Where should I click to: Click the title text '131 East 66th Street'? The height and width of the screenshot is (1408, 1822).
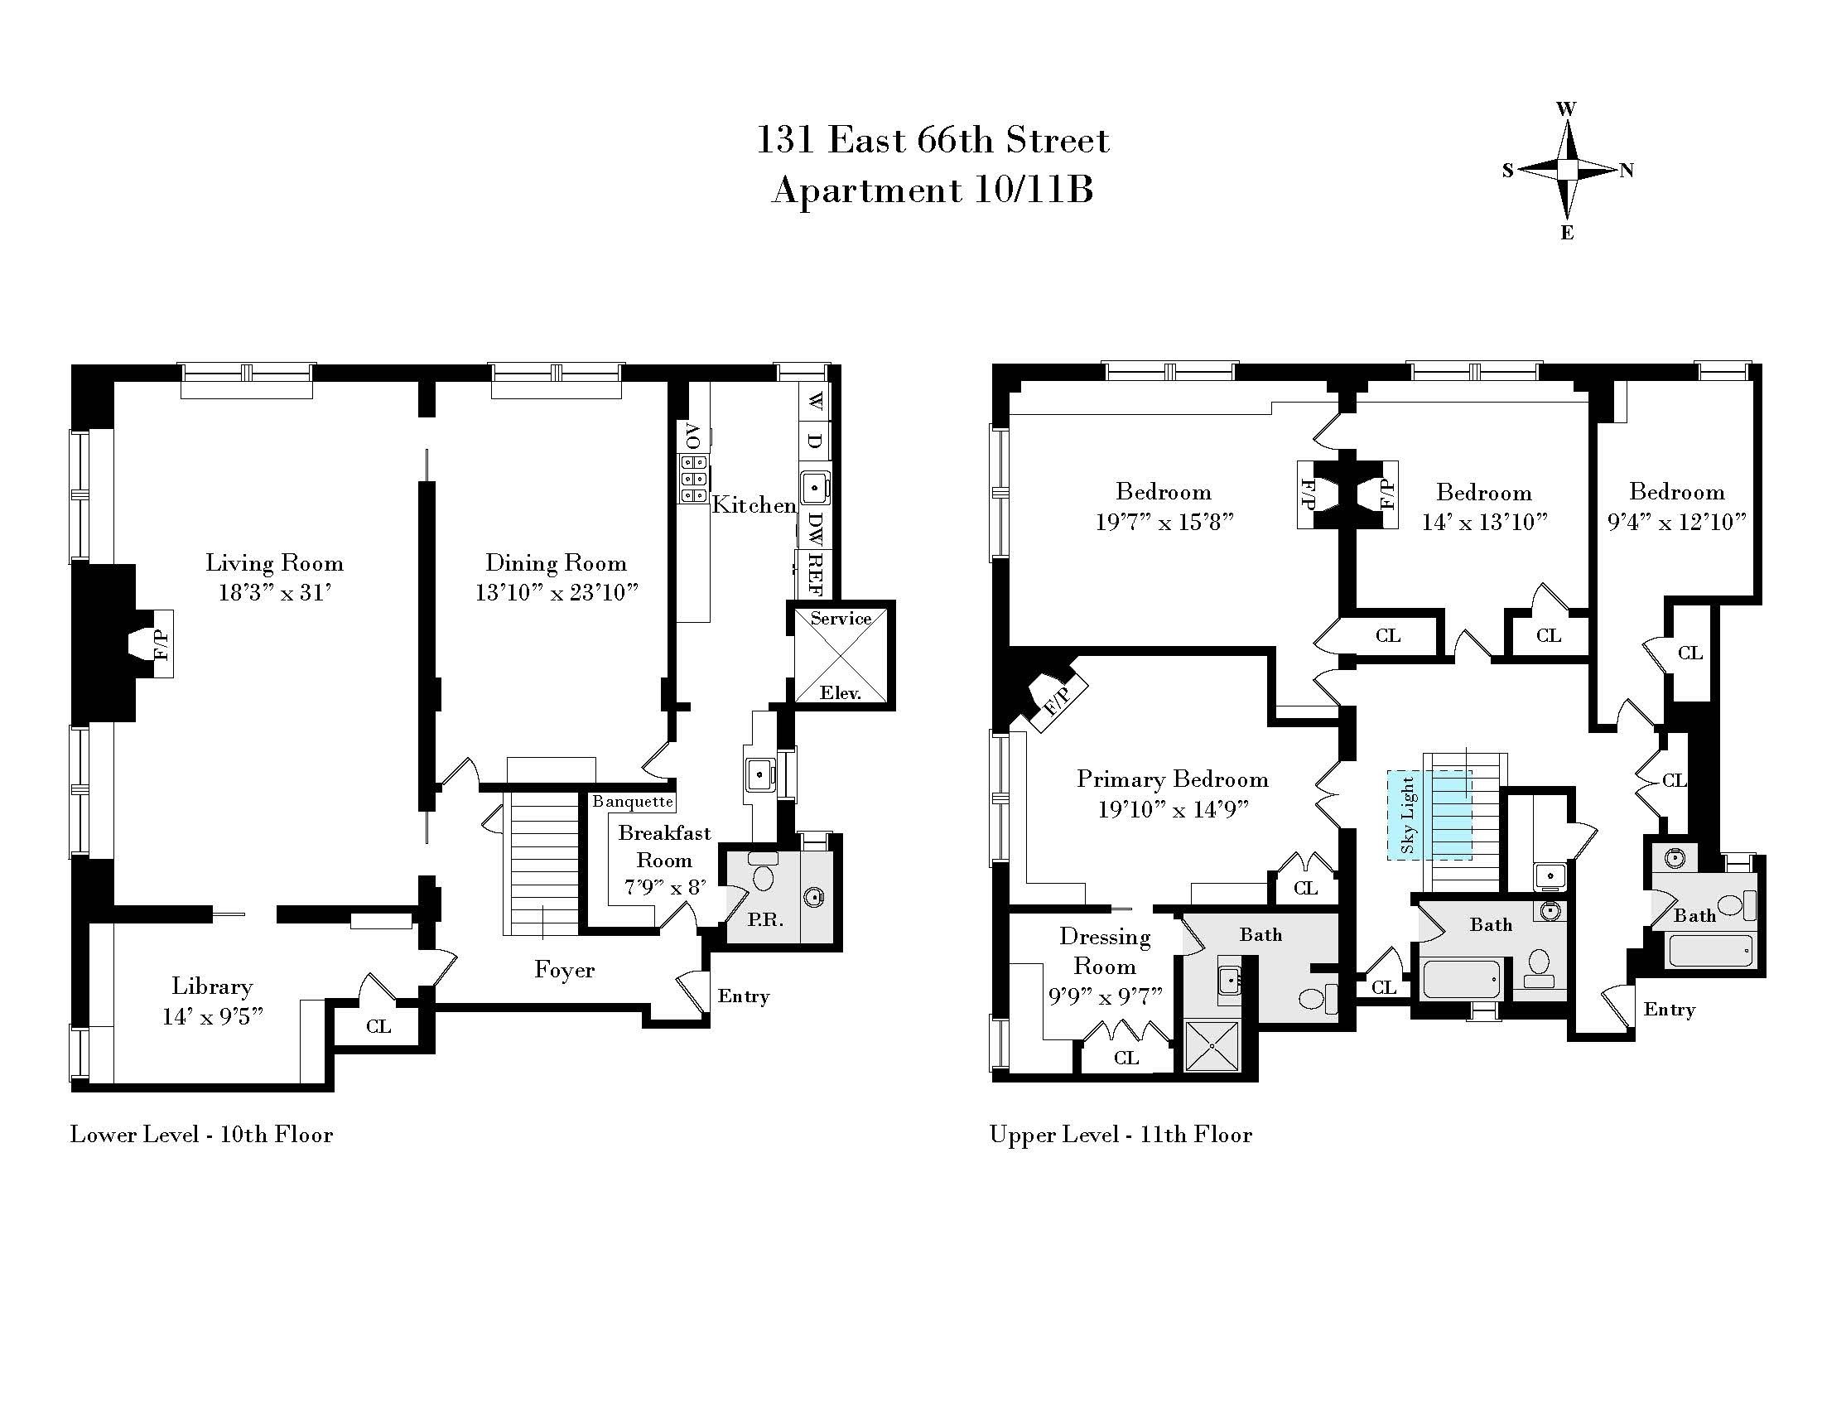click(x=932, y=140)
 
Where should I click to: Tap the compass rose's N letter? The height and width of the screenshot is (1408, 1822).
click(x=1626, y=171)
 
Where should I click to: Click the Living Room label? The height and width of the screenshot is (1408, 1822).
click(x=274, y=563)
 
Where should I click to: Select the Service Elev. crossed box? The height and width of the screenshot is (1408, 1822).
click(x=840, y=656)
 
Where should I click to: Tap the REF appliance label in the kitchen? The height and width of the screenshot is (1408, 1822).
click(x=815, y=574)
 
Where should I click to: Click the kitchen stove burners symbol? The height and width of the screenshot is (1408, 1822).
click(x=693, y=479)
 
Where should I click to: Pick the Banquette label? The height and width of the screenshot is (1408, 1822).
click(x=633, y=802)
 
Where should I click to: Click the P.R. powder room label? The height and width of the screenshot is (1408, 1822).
click(x=765, y=920)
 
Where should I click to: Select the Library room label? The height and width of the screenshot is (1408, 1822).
click(x=212, y=986)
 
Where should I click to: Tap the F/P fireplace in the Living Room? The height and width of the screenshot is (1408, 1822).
click(x=161, y=644)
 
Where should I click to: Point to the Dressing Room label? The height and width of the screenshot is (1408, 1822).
click(x=1105, y=951)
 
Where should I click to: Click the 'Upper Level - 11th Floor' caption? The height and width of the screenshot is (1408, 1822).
click(x=1121, y=1135)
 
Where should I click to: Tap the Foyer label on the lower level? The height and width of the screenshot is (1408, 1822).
click(x=564, y=969)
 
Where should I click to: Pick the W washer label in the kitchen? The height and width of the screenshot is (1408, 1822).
click(x=815, y=399)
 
